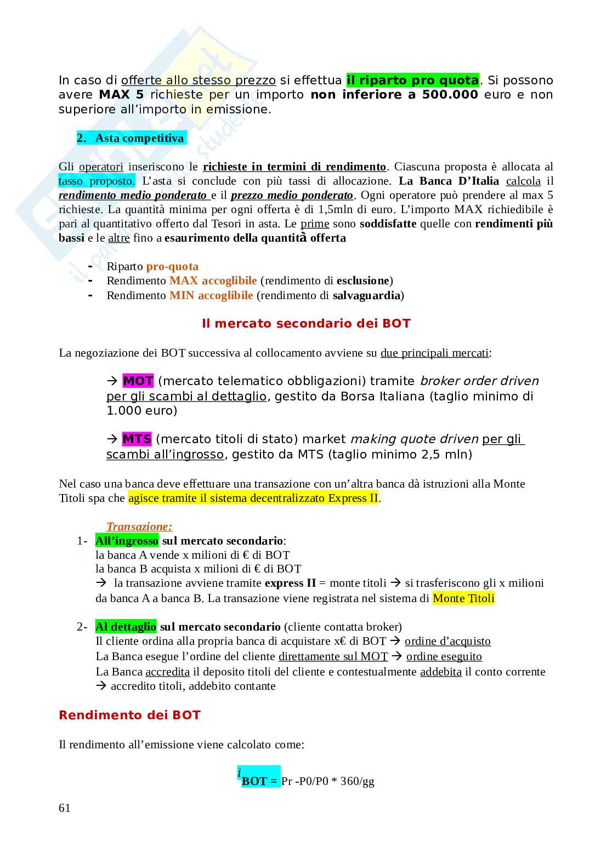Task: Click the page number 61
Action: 65,808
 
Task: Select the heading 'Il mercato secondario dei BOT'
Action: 306,323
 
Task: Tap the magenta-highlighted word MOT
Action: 138,381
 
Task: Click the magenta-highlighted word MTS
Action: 137,439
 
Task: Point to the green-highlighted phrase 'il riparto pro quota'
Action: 413,80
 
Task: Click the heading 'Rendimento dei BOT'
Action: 129,715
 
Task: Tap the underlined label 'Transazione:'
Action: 139,526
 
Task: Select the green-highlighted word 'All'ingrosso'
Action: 127,541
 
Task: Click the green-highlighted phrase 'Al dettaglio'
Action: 126,627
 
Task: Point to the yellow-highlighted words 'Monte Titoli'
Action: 463,598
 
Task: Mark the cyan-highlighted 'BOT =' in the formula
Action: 260,781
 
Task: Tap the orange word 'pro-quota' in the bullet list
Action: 172,266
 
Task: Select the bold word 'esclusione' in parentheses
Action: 362,280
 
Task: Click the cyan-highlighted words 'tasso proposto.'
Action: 97,181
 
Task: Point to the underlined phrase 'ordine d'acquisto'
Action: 447,641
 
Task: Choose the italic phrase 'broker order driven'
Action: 479,381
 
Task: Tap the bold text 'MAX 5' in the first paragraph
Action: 121,94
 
